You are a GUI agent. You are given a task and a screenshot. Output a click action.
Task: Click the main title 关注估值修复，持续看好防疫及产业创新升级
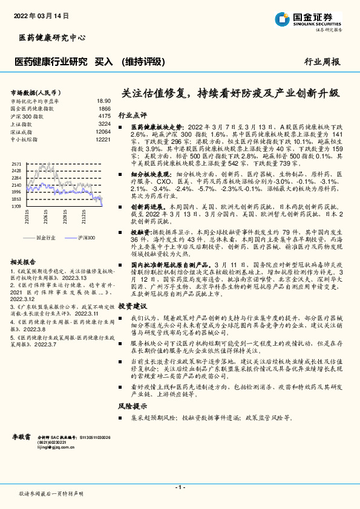pyautogui.click(x=231, y=94)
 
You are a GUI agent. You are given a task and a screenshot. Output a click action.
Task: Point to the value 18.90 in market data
pyautogui.click(x=104, y=101)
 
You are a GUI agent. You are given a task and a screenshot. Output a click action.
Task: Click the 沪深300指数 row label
pyautogui.click(x=28, y=115)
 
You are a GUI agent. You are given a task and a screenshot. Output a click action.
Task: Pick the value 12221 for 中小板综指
pyautogui.click(x=103, y=139)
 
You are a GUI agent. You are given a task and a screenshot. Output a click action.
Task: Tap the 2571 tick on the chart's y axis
pyautogui.click(x=16, y=164)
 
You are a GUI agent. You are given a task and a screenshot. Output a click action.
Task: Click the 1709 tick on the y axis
pyautogui.click(x=16, y=206)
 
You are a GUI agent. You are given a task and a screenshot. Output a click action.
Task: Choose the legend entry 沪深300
pyautogui.click(x=88, y=238)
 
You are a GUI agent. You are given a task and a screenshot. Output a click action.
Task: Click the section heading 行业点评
pyautogui.click(x=132, y=114)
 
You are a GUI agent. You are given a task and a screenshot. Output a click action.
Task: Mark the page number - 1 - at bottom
pyautogui.click(x=180, y=487)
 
